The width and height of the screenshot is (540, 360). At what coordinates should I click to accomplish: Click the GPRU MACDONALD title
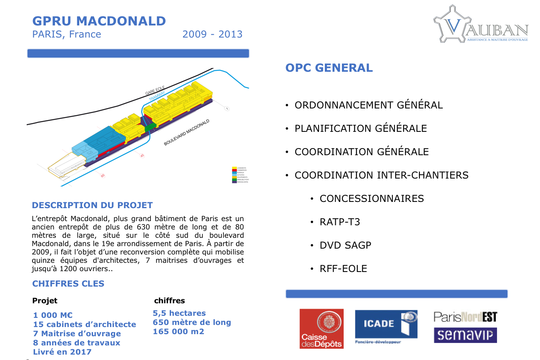point(99,21)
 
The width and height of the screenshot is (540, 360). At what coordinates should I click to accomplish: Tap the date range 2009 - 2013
point(212,34)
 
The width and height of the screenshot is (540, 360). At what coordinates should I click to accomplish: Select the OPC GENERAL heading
point(329,68)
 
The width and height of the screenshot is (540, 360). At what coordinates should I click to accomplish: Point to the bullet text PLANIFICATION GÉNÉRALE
point(361,128)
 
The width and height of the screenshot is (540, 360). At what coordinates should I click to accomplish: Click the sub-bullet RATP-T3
point(340,222)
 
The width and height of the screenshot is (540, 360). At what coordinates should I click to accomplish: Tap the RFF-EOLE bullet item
point(343,269)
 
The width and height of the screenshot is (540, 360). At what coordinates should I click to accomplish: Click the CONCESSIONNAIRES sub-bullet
point(372,199)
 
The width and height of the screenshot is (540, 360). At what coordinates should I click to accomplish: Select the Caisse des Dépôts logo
point(321,328)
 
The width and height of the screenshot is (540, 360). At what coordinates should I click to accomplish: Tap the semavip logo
point(465,335)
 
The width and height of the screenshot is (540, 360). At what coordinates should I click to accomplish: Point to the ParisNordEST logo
point(465,317)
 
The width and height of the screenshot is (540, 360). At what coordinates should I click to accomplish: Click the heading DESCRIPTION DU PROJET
point(92,205)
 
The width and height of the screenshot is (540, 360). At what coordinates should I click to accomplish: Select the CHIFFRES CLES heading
point(68,284)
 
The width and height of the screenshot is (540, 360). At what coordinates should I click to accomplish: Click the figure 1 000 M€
point(53,315)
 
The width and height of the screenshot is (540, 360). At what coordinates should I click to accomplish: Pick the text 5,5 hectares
point(179,313)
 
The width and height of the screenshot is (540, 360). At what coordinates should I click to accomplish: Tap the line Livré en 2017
point(62,352)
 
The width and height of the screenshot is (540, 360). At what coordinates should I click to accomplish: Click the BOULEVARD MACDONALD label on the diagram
point(186,132)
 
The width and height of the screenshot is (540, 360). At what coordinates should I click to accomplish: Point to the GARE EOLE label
point(155,90)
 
